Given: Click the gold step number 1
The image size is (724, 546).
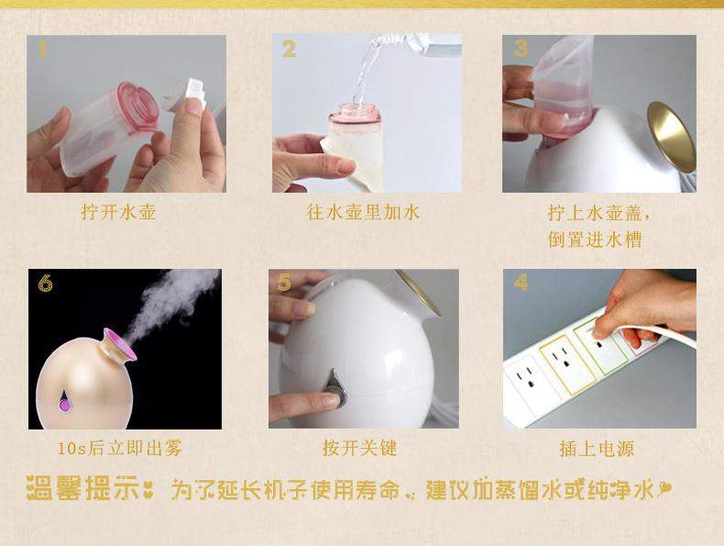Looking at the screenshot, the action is click(x=42, y=50).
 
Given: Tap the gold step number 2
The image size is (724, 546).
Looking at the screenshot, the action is click(x=289, y=49).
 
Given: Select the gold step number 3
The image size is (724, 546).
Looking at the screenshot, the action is click(x=521, y=49).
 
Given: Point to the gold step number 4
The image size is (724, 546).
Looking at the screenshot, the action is click(x=521, y=282).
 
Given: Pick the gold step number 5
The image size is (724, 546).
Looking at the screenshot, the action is click(x=284, y=283).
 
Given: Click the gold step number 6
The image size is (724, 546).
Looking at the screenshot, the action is click(x=45, y=283).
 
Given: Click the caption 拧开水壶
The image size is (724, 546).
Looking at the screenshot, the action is click(x=118, y=212).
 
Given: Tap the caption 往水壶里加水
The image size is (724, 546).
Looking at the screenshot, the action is click(x=364, y=212).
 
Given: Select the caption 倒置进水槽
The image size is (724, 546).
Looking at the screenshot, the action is click(x=595, y=240).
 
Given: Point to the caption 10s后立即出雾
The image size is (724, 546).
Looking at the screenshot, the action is click(x=120, y=448).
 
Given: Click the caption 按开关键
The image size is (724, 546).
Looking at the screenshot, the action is click(x=359, y=448).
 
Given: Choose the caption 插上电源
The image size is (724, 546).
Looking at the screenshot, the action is click(x=597, y=449).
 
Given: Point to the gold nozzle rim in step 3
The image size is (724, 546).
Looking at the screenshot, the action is click(x=671, y=137).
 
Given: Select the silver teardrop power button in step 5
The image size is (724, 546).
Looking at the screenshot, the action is click(x=335, y=388).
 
